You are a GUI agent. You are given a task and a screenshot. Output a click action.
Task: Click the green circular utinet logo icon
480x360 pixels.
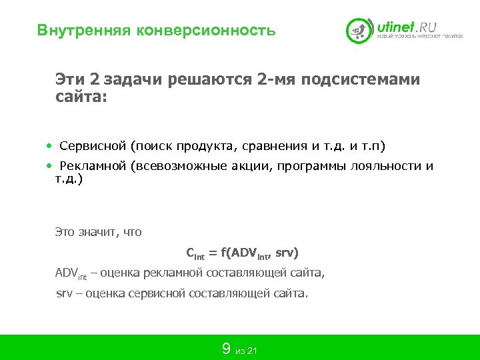coord(359,30)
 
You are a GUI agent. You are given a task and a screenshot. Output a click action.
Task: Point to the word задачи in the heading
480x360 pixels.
coord(135,80)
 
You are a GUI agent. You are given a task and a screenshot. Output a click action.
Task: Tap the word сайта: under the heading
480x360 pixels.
coord(81,97)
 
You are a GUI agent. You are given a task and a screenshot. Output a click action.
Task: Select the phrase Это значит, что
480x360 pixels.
coord(98,233)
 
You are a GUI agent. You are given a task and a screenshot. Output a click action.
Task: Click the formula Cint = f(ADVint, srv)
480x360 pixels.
coord(242,253)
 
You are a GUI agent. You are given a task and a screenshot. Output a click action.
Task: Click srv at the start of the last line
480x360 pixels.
coord(63,293)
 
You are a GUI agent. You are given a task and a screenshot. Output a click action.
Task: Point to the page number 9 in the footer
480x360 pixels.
coord(226,349)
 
